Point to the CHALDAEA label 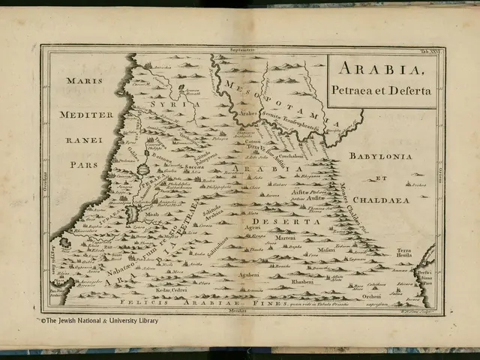(x=382, y=200)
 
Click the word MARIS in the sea (x=82, y=80)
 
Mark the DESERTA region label (x=278, y=223)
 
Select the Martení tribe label (x=284, y=238)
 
